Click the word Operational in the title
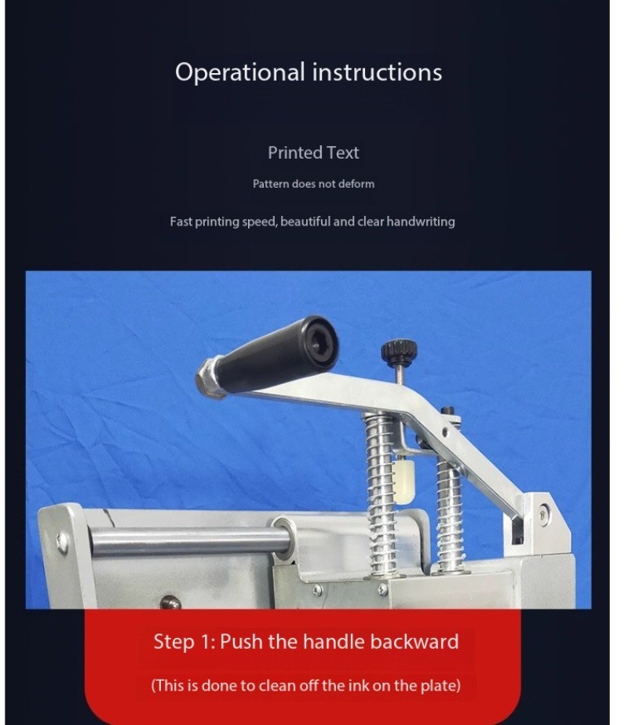pos(240,72)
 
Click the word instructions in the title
pos(377,72)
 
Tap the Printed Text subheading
pos(313,152)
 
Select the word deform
pos(356,184)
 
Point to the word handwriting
pos(421,222)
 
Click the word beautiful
pos(305,222)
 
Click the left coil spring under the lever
pos(382,495)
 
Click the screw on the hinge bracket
pos(544,513)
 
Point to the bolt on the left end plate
pos(62,542)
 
